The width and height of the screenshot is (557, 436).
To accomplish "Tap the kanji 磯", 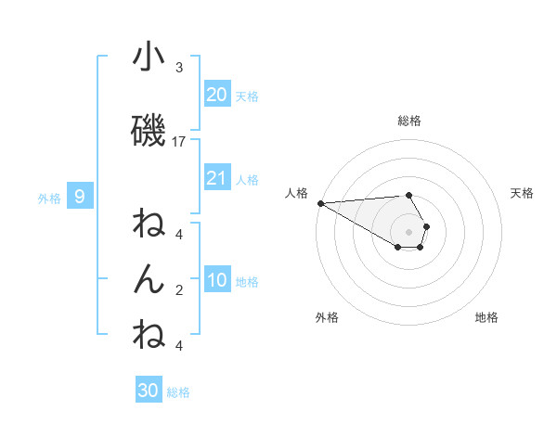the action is [x=149, y=131].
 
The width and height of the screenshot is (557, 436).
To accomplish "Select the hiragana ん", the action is [x=149, y=279].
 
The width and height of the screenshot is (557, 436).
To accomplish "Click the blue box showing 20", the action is [x=217, y=94].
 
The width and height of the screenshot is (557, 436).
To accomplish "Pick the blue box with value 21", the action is [x=217, y=177].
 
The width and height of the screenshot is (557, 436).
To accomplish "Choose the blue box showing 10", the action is [x=217, y=280].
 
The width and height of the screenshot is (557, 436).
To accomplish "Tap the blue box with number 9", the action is [x=80, y=196].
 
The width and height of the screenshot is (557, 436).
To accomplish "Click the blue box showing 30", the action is [x=149, y=391].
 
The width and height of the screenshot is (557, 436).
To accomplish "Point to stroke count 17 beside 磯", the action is [x=179, y=142].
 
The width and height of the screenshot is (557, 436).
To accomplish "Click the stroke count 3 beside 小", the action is [x=179, y=68].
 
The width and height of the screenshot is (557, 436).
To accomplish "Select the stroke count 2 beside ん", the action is [x=179, y=290].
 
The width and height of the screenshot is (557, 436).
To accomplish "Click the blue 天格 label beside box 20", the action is [x=247, y=96].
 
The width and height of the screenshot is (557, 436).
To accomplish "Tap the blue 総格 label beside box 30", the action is [x=178, y=392].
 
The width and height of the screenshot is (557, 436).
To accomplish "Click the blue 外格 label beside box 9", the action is [x=49, y=198].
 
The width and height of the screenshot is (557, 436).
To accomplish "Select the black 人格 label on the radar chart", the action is [x=296, y=193].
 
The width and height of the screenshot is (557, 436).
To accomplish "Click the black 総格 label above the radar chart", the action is [x=408, y=121].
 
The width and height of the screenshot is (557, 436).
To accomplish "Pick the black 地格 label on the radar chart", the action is [x=486, y=317].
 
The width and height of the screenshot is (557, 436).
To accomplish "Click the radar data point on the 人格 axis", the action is [x=320, y=203].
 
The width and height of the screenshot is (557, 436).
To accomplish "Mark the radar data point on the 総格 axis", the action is [x=408, y=195].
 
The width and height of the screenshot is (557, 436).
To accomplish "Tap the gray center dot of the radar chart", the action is [x=408, y=231].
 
